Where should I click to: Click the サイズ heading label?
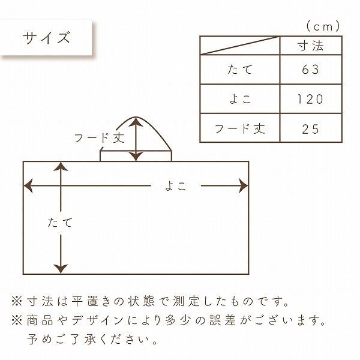46,38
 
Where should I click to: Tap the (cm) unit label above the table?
323,26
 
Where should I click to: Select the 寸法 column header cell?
311,46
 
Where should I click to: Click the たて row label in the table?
240,70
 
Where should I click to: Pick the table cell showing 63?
311,70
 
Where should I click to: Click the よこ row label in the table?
240,99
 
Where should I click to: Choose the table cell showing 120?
311,99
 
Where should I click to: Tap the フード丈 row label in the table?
240,128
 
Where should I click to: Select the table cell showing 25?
311,128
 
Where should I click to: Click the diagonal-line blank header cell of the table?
240,46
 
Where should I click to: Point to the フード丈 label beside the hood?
100,138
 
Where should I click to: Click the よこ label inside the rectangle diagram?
176,186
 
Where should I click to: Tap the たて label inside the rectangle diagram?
60,223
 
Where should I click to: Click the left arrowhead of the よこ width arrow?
28,185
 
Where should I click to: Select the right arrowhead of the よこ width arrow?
244,185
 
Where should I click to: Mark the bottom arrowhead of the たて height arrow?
61,269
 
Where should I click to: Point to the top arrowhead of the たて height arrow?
61,166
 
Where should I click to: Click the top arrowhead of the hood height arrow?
136,122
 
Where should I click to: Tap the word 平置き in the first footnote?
94,301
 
